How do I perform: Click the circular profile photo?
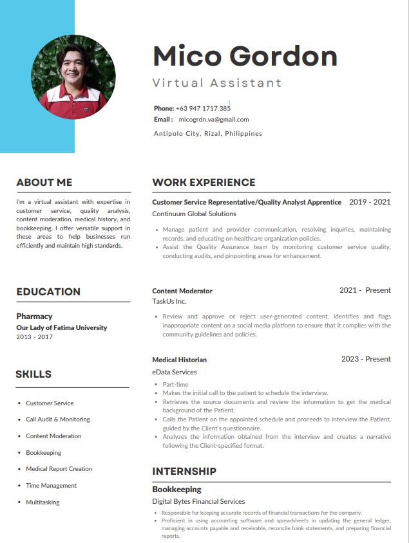pyautogui.click(x=73, y=77)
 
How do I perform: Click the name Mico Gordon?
pyautogui.click(x=245, y=56)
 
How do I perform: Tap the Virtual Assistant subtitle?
pyautogui.click(x=217, y=83)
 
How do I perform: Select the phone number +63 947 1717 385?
pyautogui.click(x=203, y=108)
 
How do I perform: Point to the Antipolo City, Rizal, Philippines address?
pyautogui.click(x=207, y=134)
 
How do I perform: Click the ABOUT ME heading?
pyautogui.click(x=44, y=182)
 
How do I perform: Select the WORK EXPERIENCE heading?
pyautogui.click(x=204, y=182)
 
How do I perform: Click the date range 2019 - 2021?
pyautogui.click(x=370, y=202)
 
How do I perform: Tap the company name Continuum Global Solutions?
pyautogui.click(x=194, y=214)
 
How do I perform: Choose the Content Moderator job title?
pyautogui.click(x=182, y=291)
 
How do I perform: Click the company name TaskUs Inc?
pyautogui.click(x=169, y=301)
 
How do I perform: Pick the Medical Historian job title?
pyautogui.click(x=180, y=360)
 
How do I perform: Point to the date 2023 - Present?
pyautogui.click(x=366, y=359)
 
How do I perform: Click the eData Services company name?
pyautogui.click(x=175, y=372)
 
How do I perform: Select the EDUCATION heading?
pyautogui.click(x=48, y=291)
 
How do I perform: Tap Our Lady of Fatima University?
pyautogui.click(x=62, y=327)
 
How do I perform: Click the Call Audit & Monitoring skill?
pyautogui.click(x=58, y=419)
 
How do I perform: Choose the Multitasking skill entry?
pyautogui.click(x=43, y=502)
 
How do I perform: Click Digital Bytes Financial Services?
pyautogui.click(x=198, y=501)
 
